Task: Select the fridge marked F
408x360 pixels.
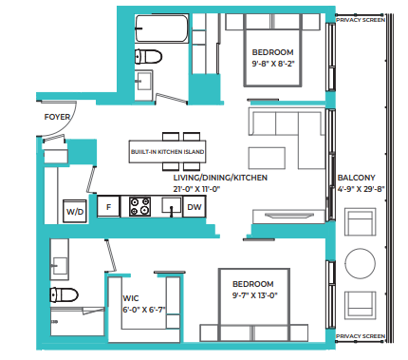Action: point(109,206)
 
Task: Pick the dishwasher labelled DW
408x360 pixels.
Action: point(194,206)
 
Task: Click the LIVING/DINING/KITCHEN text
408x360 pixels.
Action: point(219,178)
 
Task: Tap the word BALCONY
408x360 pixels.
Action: point(356,178)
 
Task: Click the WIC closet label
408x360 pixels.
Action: point(131,297)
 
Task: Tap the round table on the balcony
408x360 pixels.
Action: point(360,262)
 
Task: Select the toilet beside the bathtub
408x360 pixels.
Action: point(145,56)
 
